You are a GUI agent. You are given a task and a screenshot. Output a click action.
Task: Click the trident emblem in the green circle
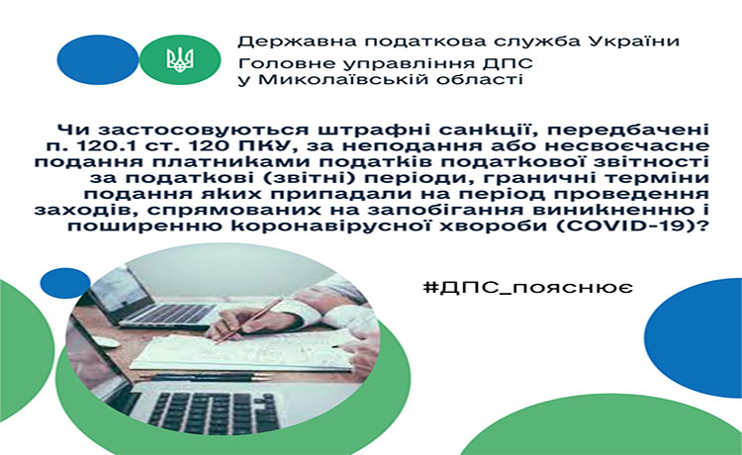click(180, 59)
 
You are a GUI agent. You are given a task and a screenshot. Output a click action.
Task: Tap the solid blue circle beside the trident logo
click(98, 59)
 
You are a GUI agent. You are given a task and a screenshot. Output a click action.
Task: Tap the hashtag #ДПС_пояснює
click(527, 288)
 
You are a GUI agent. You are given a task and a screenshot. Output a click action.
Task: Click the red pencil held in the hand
click(249, 319)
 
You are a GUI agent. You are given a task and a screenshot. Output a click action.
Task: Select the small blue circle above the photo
click(65, 283)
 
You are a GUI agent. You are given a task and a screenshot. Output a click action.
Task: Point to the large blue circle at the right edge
click(695, 337)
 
